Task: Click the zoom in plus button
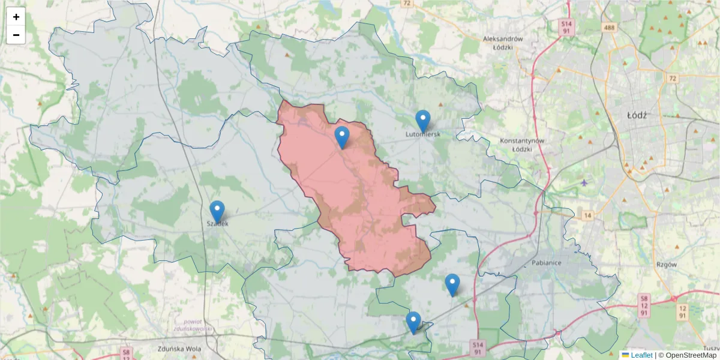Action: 16,17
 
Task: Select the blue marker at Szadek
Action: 217,212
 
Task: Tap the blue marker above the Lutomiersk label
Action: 423,121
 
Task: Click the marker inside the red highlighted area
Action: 341,137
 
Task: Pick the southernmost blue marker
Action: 413,322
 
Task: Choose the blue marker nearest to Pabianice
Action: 452,284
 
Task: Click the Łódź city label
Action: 636,115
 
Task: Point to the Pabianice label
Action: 549,263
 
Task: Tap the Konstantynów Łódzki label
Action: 522,145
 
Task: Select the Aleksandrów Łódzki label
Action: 503,43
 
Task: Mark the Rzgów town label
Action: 666,264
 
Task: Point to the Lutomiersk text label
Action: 423,134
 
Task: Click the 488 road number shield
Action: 608,28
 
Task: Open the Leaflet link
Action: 641,355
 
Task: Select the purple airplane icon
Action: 585,182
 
